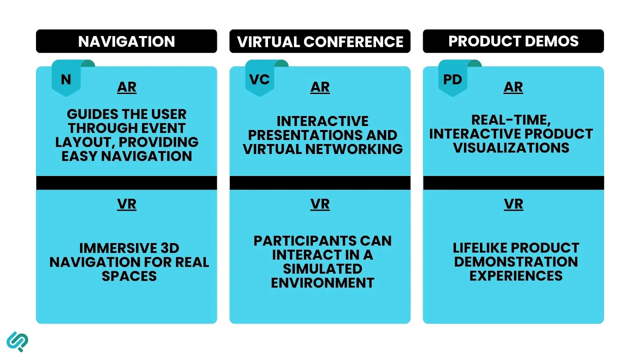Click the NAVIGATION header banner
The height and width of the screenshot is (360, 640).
pos(126,41)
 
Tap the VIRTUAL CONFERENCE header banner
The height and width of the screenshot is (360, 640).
pos(320,41)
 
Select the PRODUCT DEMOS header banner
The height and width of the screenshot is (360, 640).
pos(513,41)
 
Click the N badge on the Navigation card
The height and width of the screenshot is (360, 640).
pos(66,80)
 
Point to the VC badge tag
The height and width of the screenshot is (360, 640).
pos(260,79)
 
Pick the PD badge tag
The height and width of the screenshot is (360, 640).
pos(452,79)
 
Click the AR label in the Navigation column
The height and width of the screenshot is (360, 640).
pos(127,87)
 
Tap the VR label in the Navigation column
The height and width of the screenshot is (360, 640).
pos(127,204)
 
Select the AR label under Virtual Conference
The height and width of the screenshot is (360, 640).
pos(320,87)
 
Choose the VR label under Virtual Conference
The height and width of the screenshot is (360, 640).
pos(320,204)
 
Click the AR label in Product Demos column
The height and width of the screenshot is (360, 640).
pos(513,87)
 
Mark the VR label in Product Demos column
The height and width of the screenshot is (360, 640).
pos(513,204)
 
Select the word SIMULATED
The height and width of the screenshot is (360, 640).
pos(322,269)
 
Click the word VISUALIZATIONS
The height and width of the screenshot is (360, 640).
pos(511,148)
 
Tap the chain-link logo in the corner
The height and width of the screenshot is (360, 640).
pos(17,342)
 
